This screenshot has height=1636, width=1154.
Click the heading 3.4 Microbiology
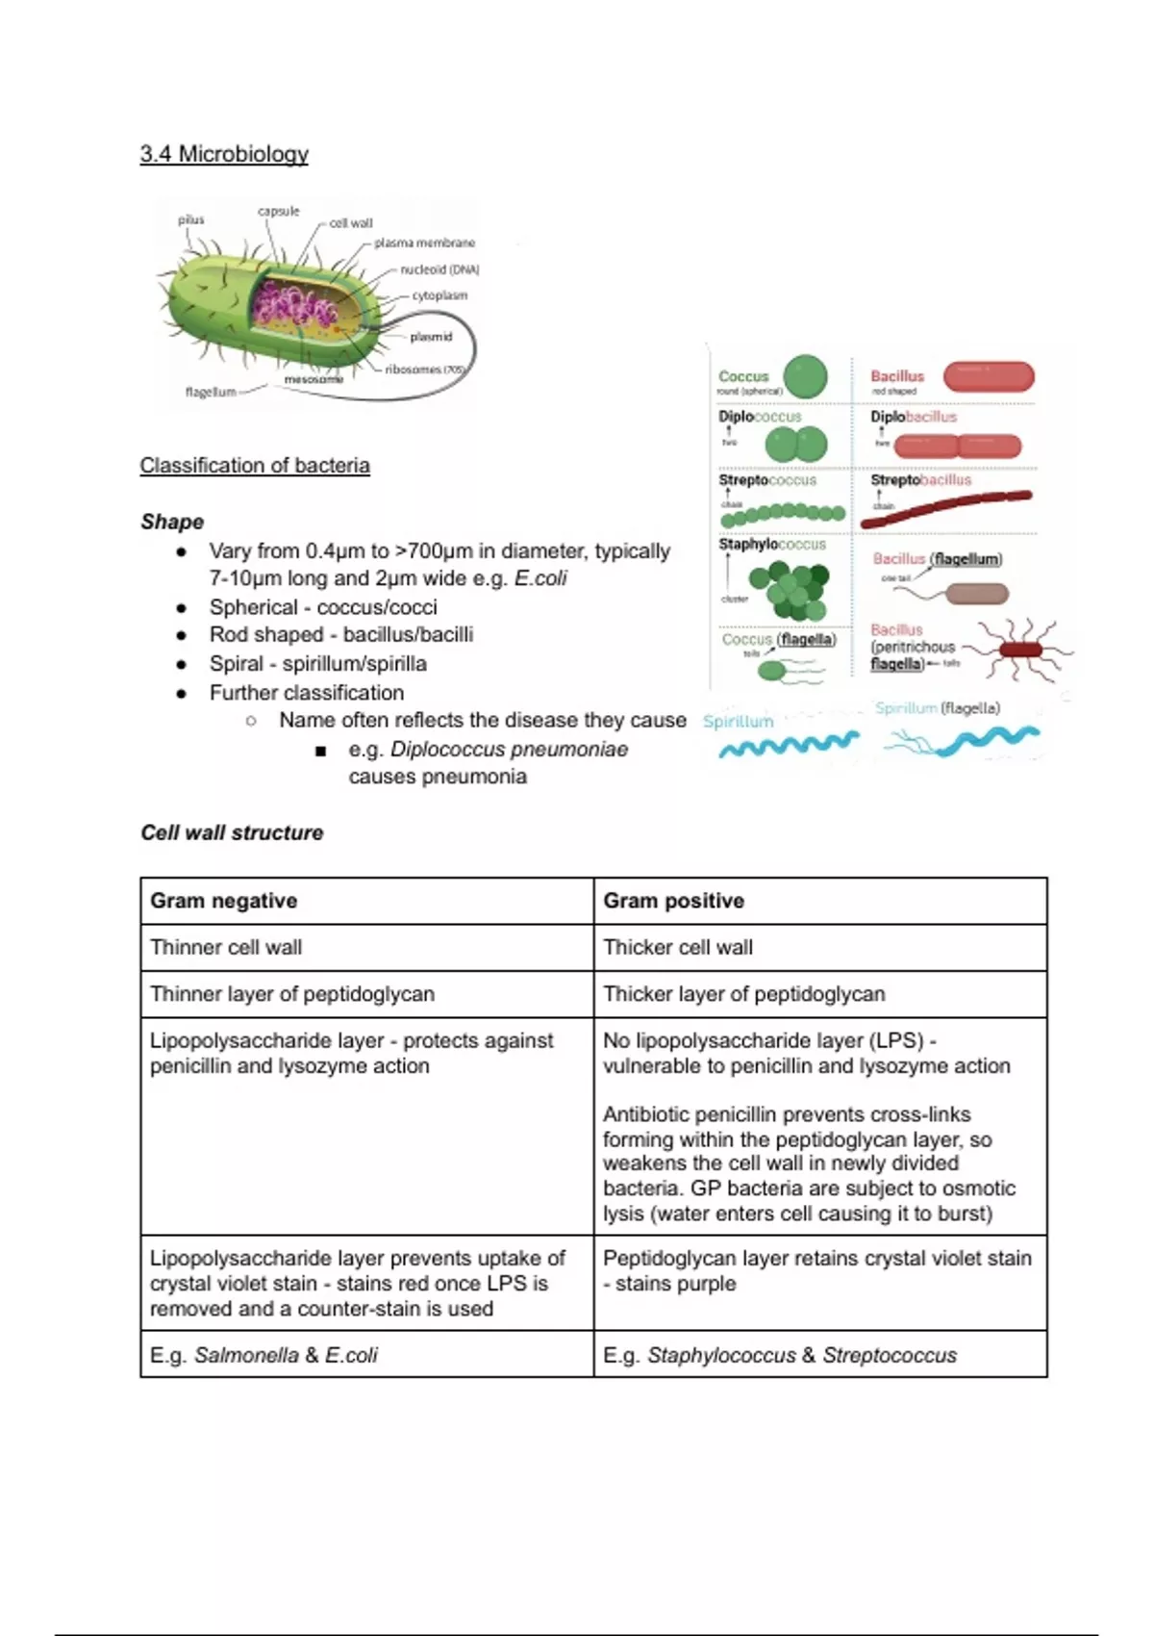click(224, 154)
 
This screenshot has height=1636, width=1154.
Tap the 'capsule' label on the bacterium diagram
click(278, 211)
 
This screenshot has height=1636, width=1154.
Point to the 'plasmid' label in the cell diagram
click(430, 337)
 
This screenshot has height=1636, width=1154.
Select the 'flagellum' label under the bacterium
click(210, 392)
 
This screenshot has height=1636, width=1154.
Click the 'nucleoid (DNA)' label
click(439, 269)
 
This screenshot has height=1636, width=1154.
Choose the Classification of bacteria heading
click(255, 466)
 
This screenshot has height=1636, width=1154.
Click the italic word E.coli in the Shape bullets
click(540, 578)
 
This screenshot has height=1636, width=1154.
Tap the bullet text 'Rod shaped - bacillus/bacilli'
click(340, 635)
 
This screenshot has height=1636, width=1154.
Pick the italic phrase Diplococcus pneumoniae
click(509, 750)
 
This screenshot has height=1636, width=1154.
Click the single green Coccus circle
click(805, 377)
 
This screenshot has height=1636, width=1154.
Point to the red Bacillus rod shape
click(989, 376)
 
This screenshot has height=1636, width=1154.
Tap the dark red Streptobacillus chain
click(945, 509)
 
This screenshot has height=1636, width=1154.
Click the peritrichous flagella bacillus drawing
click(1019, 650)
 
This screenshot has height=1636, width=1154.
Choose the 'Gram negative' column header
click(223, 901)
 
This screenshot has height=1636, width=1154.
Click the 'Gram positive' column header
click(673, 901)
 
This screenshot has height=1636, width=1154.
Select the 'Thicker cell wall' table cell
click(678, 947)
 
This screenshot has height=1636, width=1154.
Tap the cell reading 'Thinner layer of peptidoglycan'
click(292, 994)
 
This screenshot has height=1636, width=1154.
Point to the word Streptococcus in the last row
click(890, 1355)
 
